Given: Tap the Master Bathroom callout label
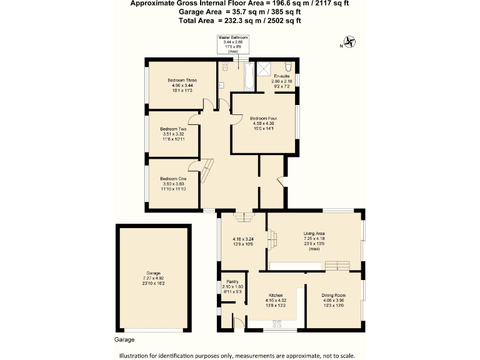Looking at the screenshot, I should (232, 38).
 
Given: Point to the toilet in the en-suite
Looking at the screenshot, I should (287, 67).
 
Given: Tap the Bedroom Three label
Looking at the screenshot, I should (182, 81).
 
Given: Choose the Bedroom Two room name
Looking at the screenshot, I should (173, 129).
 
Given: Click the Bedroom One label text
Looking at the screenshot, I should (173, 179).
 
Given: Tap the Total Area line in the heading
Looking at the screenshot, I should (240, 21).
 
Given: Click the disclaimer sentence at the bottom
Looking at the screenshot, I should (240, 354).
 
